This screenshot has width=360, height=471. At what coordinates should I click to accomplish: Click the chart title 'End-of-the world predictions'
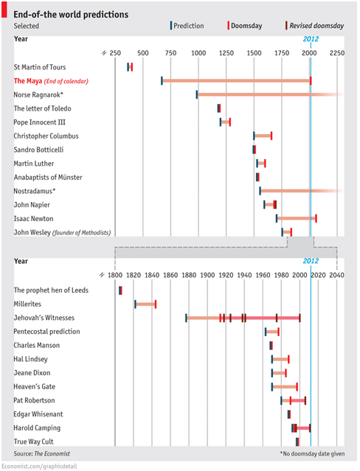click(x=71, y=15)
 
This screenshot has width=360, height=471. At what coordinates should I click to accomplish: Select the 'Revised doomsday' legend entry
click(x=314, y=26)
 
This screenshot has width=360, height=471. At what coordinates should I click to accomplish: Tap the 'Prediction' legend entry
click(x=187, y=26)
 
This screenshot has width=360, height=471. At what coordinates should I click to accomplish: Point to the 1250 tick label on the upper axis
click(x=226, y=53)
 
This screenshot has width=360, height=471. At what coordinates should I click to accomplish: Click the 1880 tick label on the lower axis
click(x=189, y=275)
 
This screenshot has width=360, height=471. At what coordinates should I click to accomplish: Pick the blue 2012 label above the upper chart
click(x=311, y=39)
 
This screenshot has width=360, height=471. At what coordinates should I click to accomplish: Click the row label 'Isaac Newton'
click(x=33, y=219)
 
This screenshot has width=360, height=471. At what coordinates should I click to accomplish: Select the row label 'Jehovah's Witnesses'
click(x=44, y=318)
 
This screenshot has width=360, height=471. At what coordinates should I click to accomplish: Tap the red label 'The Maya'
click(x=28, y=81)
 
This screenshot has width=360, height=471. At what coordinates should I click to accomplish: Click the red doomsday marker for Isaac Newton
click(x=316, y=219)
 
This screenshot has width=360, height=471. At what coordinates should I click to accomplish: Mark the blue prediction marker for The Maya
click(x=162, y=81)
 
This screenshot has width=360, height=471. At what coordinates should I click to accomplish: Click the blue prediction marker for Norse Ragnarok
click(x=197, y=94)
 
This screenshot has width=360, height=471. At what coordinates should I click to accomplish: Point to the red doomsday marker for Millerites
click(x=156, y=304)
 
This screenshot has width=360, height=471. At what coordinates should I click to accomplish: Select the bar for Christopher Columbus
click(x=263, y=136)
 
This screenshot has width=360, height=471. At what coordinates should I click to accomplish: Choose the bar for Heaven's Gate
click(x=285, y=386)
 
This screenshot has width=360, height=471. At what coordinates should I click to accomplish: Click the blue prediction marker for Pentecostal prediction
click(x=266, y=332)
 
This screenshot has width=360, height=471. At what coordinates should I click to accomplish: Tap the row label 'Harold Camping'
click(x=37, y=428)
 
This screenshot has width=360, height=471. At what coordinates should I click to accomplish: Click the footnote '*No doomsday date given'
click(x=312, y=453)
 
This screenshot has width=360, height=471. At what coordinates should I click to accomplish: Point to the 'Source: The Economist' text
click(x=42, y=453)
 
